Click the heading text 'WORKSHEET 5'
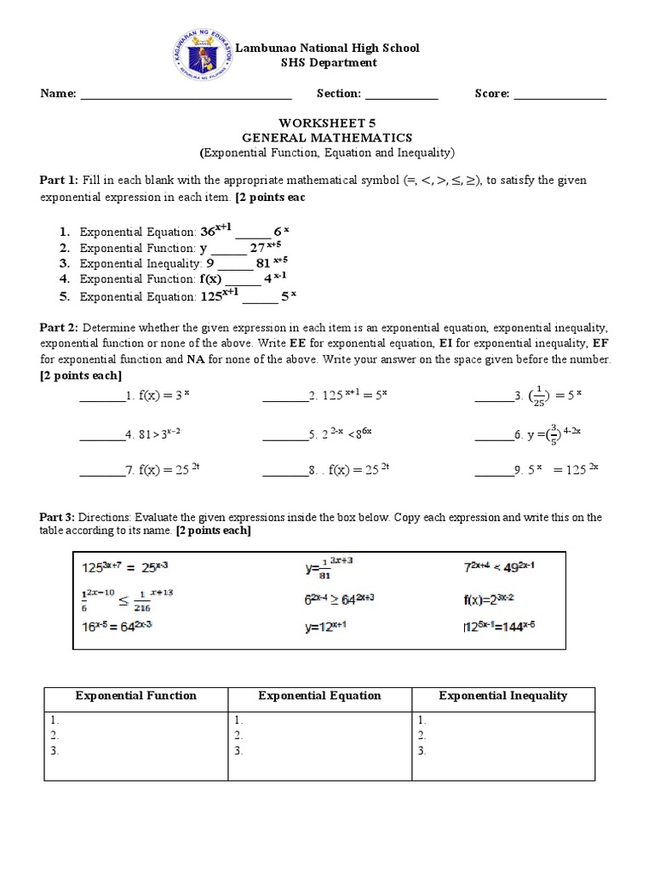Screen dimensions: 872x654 pos(327,122)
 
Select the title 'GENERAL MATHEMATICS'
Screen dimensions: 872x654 pos(327,137)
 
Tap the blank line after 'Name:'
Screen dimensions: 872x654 pos(186,95)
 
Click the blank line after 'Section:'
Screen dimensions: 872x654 pos(402,95)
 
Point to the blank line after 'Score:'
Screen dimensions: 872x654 pos(560,95)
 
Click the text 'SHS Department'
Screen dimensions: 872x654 pos(328,63)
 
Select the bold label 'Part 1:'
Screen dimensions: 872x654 pos(60,181)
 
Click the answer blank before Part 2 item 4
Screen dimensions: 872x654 pos(101,435)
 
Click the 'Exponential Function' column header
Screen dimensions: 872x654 pos(136,696)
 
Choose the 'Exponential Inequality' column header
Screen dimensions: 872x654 pos(502,696)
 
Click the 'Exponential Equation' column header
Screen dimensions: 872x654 pos(319,696)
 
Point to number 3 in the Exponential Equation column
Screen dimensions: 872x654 pos(239,750)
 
